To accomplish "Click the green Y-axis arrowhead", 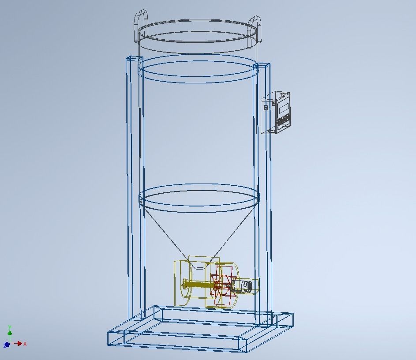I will click(10, 333).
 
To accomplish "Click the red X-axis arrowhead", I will click(19, 344).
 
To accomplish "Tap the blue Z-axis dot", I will click(7, 345).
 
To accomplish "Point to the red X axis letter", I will click(25, 344).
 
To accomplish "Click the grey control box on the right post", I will click(276, 112).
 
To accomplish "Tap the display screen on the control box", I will click(283, 106).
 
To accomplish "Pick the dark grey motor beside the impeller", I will click(247, 286).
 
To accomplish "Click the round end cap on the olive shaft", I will click(184, 285).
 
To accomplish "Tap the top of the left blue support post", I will click(132, 58).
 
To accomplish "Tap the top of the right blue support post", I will click(263, 66).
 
